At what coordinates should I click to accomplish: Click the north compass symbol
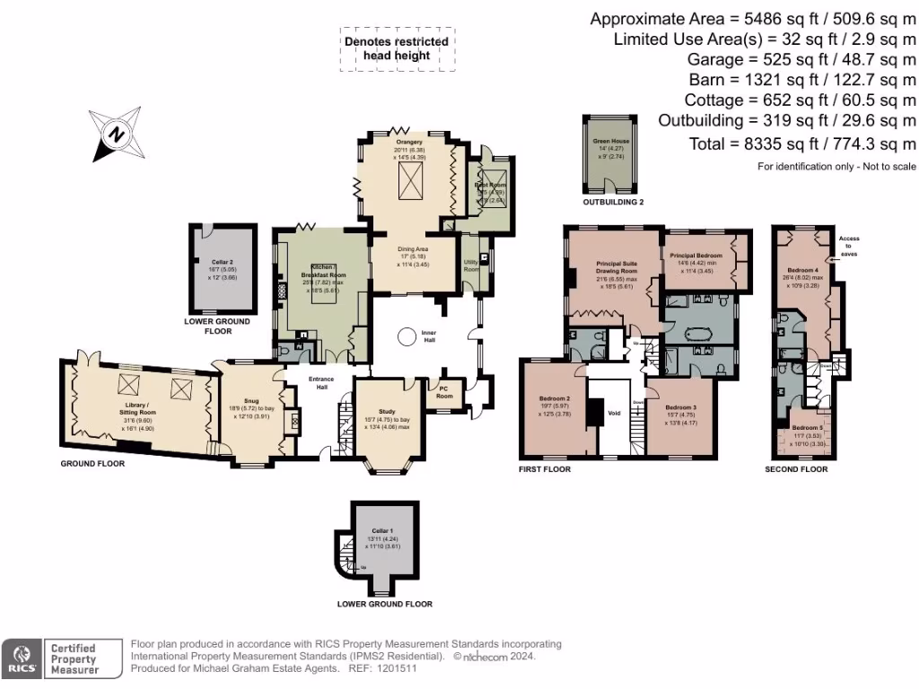[115, 134]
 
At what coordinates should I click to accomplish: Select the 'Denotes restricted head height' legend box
[397, 48]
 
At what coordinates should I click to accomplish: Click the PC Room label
[444, 391]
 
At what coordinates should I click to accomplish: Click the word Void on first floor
[614, 414]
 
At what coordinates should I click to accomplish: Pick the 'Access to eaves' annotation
[848, 247]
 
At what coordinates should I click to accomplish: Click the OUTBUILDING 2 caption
[614, 203]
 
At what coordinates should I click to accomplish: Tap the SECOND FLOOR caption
[796, 469]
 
